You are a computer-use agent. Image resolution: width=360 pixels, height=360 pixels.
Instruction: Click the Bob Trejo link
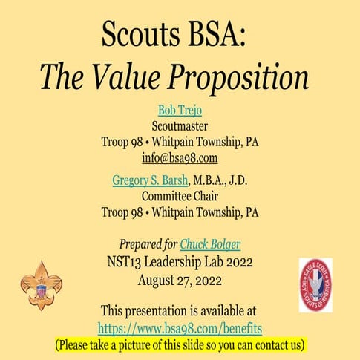click(180, 111)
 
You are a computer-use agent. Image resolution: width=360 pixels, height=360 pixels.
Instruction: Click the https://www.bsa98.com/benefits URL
click(180, 327)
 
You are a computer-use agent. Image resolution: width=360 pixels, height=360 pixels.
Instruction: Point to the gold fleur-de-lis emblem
click(42, 285)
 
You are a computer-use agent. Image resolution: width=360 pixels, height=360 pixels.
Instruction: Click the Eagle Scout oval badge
click(315, 285)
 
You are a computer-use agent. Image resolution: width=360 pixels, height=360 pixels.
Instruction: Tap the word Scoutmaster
click(180, 125)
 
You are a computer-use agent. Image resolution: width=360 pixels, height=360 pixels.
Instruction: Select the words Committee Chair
click(180, 196)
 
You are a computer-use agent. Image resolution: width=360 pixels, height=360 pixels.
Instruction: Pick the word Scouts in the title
click(137, 33)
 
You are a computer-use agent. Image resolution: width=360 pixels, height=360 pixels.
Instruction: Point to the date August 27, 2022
click(180, 279)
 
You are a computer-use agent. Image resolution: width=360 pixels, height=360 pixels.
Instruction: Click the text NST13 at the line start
click(123, 262)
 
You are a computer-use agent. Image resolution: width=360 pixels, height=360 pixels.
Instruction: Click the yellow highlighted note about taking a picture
click(180, 344)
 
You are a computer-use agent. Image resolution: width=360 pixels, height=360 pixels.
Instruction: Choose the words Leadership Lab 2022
click(197, 262)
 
